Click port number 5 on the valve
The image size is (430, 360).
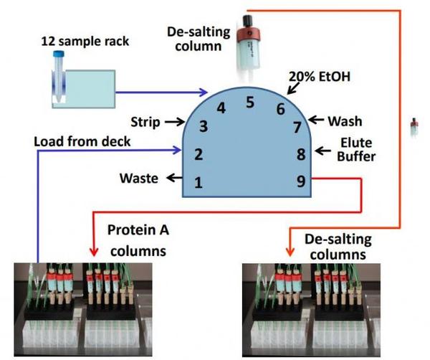(x=250, y=102)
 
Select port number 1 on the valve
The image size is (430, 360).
(x=199, y=183)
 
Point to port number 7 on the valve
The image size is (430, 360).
(x=297, y=128)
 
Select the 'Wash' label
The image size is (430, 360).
(x=345, y=121)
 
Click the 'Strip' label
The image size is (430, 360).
(x=145, y=122)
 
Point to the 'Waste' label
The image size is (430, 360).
(x=140, y=179)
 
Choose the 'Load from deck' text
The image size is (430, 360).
(x=82, y=141)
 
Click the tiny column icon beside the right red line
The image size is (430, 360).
(x=414, y=129)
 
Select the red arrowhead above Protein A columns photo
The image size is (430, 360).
(x=92, y=252)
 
